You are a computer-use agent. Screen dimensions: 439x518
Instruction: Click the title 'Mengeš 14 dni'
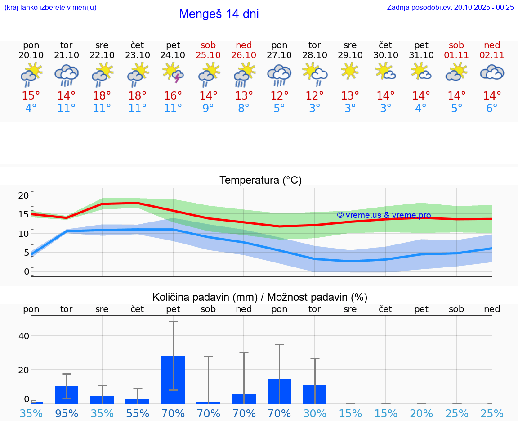(x=219, y=14)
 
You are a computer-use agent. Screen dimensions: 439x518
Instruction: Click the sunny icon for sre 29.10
(x=350, y=72)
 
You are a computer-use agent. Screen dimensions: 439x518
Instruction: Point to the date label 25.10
(x=208, y=55)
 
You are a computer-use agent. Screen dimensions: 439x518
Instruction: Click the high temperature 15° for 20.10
(x=31, y=96)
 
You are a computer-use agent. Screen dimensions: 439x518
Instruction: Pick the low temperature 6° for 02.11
(x=492, y=109)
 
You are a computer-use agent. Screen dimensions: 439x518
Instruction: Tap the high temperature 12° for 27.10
(x=279, y=96)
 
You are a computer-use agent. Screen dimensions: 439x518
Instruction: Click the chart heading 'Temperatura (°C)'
(x=260, y=181)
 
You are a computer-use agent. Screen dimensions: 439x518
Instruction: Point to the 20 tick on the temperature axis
(x=23, y=195)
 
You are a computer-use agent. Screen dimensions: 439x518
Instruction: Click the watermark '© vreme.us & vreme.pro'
(x=384, y=215)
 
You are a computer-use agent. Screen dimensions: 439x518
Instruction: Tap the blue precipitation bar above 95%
(x=67, y=395)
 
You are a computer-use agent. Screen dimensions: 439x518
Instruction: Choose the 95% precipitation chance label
(x=67, y=414)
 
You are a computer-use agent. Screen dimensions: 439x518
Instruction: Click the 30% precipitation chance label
(x=314, y=414)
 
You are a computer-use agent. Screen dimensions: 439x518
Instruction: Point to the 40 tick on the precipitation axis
(x=23, y=336)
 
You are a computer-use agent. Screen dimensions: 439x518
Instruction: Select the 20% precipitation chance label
(x=421, y=414)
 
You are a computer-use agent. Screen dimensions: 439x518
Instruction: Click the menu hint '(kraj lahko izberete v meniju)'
(x=50, y=7)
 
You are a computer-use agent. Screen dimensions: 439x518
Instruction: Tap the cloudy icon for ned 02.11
(x=492, y=72)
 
